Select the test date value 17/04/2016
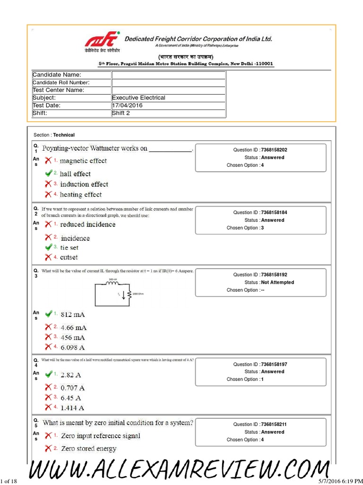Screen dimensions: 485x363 point(127,106)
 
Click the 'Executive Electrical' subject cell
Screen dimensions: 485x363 point(138,98)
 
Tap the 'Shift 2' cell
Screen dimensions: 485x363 point(121,113)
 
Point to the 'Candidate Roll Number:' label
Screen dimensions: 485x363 point(61,83)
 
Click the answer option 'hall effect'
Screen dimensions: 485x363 point(75,174)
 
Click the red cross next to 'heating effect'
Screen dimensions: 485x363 point(48,194)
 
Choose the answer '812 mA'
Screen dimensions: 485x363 point(73,314)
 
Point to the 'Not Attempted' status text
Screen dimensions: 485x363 point(277,282)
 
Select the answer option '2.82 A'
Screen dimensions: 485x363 point(71,375)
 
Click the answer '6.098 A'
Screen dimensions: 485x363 point(73,347)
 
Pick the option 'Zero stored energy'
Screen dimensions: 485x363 point(89,449)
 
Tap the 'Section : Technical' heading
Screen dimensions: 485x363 point(54,135)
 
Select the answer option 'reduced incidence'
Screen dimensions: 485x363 point(87,225)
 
